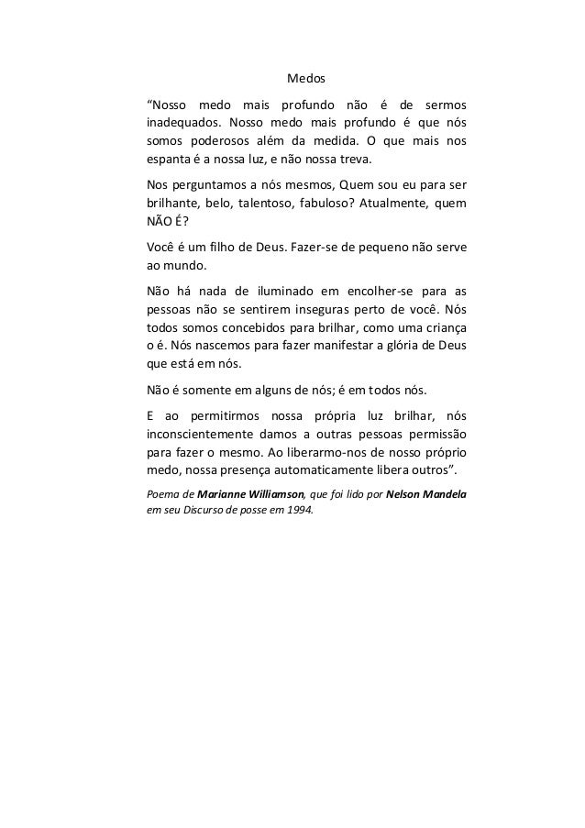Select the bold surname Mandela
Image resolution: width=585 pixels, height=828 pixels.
pos(442,495)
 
